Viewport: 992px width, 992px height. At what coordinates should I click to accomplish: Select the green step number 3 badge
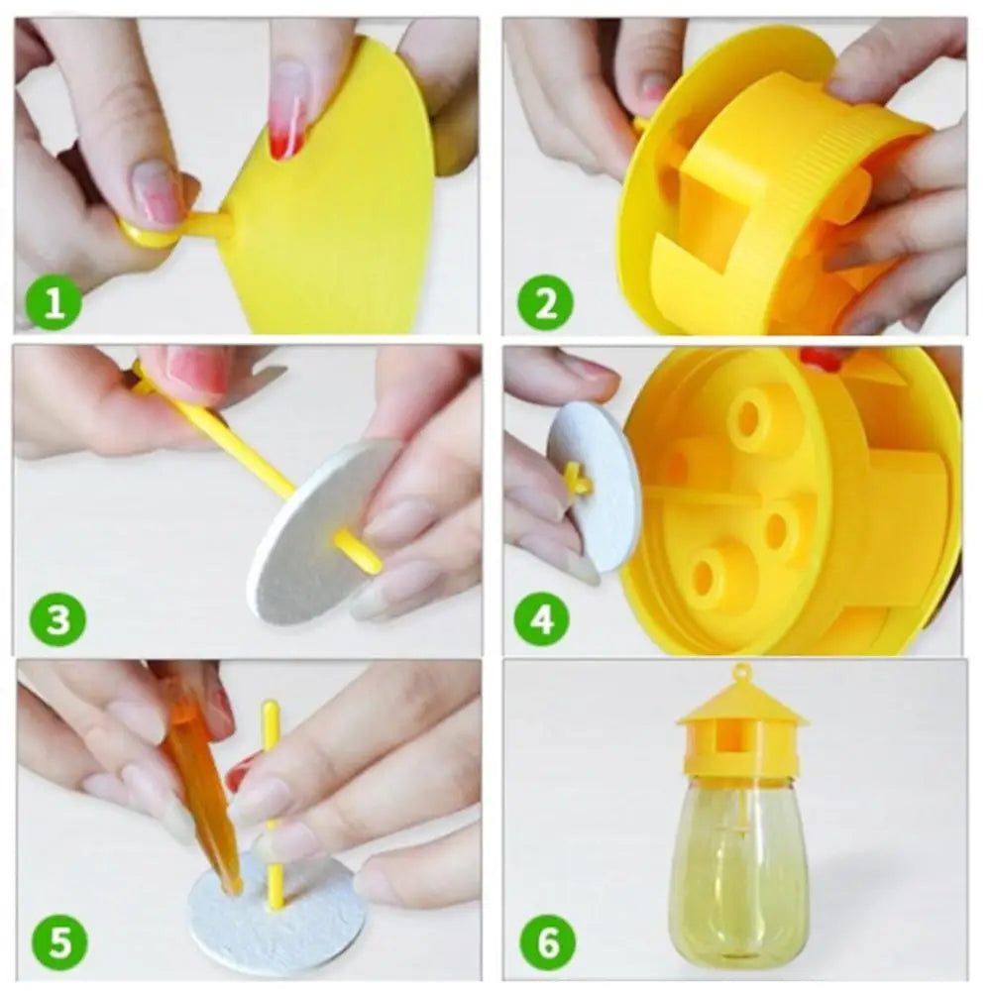pyautogui.click(x=57, y=619)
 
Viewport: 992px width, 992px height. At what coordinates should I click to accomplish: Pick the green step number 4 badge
pyautogui.click(x=542, y=619)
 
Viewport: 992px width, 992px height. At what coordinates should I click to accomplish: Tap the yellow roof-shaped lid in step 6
pyautogui.click(x=741, y=709)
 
